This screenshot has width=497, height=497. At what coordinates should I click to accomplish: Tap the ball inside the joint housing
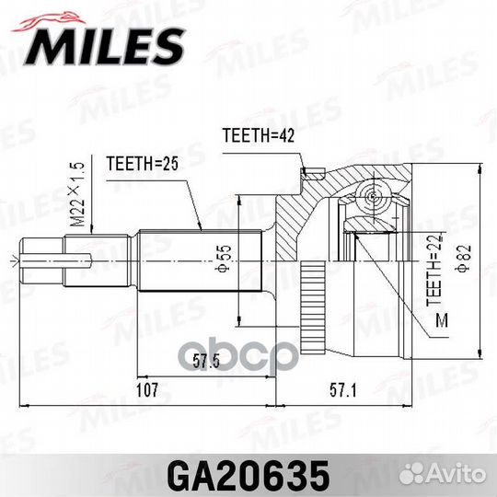pos(369,196)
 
